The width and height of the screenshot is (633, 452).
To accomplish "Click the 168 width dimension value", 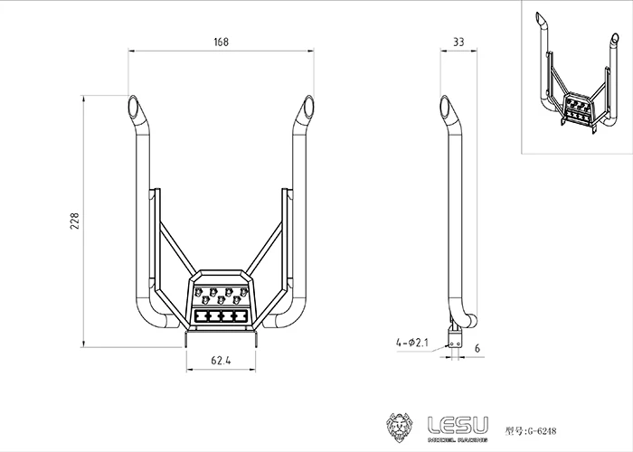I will pos(222,42).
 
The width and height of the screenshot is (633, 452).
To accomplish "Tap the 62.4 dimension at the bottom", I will pos(222,362).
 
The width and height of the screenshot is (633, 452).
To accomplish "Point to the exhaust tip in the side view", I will pos(446,108).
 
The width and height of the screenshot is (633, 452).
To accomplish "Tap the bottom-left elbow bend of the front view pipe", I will pos(146,318).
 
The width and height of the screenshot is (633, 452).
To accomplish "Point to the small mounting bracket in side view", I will pos(457,338).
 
